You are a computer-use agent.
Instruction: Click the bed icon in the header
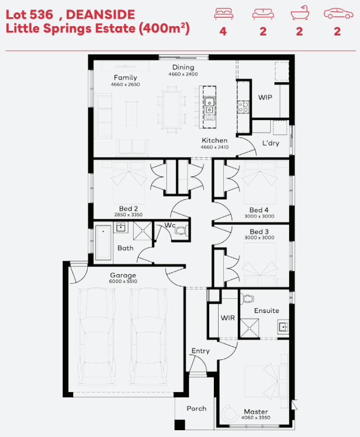224,14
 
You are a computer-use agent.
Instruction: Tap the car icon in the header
338,14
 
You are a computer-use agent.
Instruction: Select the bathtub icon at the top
300,13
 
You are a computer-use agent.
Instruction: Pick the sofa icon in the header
263,14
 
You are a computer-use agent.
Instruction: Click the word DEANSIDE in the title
100,15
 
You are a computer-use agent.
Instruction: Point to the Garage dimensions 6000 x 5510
123,281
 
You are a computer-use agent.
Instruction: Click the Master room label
256,411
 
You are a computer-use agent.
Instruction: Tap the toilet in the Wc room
182,231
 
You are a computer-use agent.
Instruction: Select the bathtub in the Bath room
103,242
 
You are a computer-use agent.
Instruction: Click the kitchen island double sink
209,106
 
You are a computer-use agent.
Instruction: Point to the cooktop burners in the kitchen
243,107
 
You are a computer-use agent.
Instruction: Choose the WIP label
265,98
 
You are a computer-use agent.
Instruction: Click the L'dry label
270,143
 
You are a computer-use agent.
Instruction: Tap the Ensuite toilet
247,298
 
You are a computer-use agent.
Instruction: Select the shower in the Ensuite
249,328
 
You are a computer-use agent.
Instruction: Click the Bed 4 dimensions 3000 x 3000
259,216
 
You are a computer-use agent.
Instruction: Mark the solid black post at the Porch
180,424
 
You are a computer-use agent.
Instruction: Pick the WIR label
227,318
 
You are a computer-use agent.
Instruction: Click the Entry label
200,351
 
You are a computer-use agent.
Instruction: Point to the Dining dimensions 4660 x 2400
183,74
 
